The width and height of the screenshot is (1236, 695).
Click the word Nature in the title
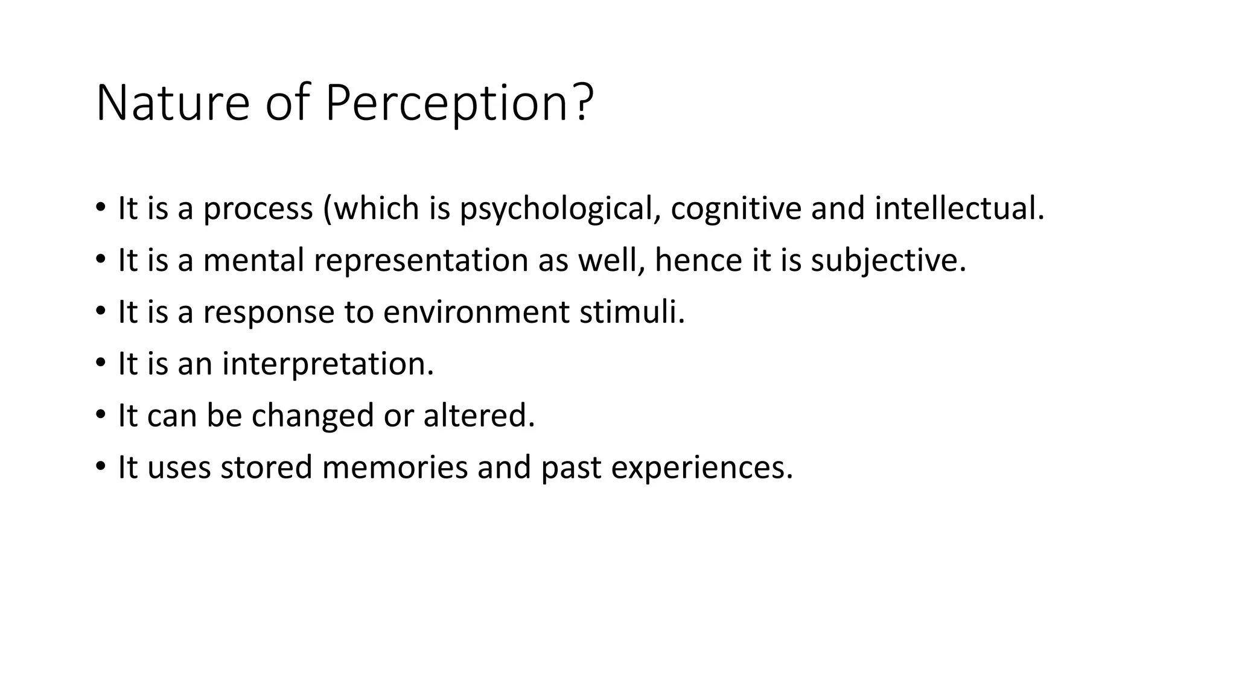[173, 104]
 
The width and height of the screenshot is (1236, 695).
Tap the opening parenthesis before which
[328, 209]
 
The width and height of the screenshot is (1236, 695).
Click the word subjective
[887, 261]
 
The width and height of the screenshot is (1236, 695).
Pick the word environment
[476, 313]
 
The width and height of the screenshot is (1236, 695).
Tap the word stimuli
[631, 313]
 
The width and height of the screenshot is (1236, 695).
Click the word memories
[395, 468]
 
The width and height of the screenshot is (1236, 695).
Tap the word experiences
[701, 468]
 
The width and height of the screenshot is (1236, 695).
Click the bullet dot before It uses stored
[101, 467]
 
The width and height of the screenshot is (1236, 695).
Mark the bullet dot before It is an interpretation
[101, 363]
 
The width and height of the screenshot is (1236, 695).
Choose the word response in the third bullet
[268, 313]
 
